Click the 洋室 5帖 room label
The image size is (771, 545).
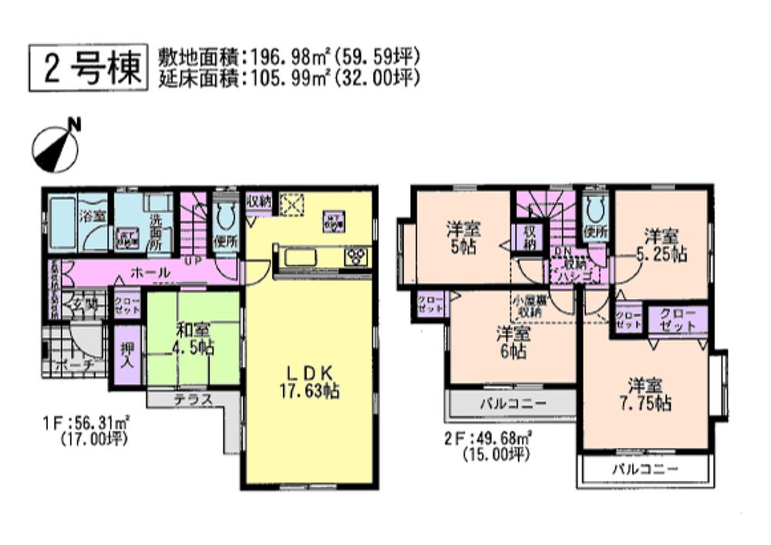point(463,237)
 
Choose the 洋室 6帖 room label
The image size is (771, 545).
point(512,342)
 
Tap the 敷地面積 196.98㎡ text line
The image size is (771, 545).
point(288,56)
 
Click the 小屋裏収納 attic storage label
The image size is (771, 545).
point(530,306)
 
